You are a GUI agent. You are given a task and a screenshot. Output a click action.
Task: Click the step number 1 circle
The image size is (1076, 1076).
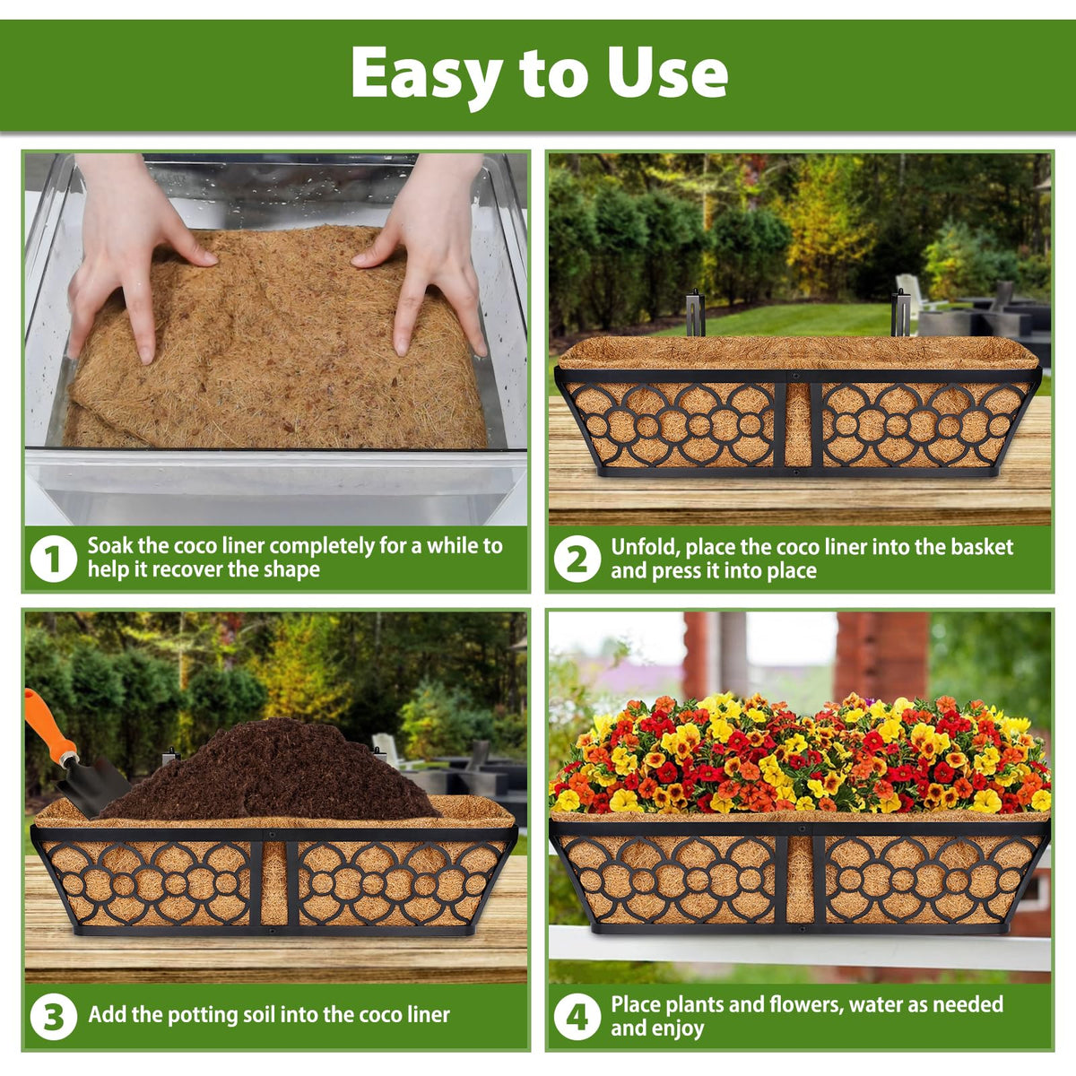(54, 559)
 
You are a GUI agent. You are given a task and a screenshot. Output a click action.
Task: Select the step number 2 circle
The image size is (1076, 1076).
(577, 559)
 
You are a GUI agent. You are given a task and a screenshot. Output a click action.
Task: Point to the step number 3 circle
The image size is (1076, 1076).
(54, 1016)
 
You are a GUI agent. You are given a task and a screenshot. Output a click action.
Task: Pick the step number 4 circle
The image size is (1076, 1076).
(577, 1016)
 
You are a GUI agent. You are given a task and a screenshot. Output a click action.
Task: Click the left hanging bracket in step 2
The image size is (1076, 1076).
(693, 313)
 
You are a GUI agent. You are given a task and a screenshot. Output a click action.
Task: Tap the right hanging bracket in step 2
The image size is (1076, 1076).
(900, 313)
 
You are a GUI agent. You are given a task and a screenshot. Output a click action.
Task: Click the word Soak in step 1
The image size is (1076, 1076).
(110, 545)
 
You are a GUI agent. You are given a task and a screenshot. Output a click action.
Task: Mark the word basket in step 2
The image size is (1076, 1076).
(982, 547)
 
